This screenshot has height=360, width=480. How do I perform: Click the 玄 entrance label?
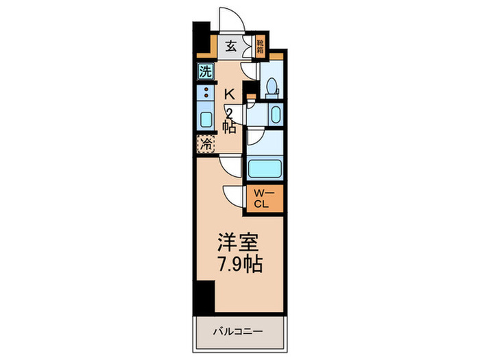232,47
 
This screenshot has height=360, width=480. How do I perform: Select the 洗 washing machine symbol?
205,71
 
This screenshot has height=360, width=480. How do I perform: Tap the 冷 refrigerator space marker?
205,145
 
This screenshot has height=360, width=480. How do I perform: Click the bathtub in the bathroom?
264,169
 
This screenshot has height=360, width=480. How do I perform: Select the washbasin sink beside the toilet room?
274,114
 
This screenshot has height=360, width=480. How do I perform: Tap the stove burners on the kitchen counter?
205,93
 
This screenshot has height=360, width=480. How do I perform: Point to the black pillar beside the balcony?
204,296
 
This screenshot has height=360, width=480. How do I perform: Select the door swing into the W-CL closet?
235,195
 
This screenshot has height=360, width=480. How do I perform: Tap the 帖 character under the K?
230,126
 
